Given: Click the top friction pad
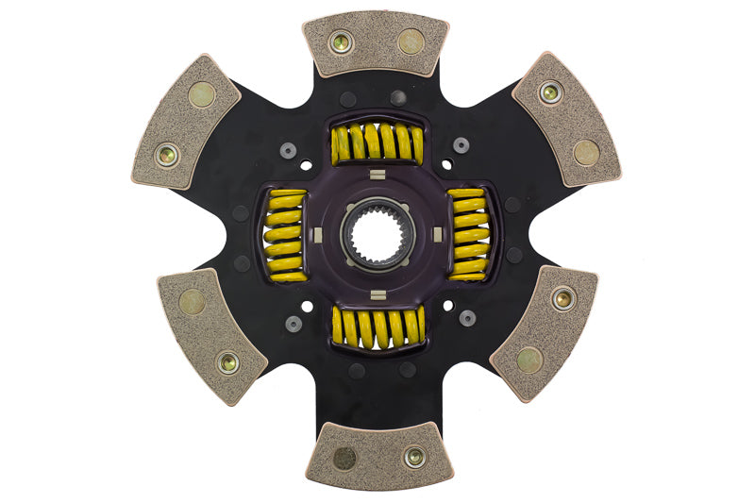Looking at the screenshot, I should (376, 44).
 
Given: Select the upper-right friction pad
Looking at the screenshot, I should (564, 117).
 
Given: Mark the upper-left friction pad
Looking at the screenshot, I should (188, 120).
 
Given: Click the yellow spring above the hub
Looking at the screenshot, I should (377, 143).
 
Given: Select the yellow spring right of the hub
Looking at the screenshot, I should (468, 234).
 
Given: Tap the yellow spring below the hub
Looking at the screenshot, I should (377, 327).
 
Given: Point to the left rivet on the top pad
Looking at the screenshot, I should (341, 42).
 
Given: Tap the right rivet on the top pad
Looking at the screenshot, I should (411, 41).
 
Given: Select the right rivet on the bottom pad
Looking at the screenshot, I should (413, 458).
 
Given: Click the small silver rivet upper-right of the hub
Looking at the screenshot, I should (461, 145).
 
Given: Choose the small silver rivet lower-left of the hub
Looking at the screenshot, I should (294, 323).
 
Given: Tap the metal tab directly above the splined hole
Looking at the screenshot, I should (376, 174).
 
